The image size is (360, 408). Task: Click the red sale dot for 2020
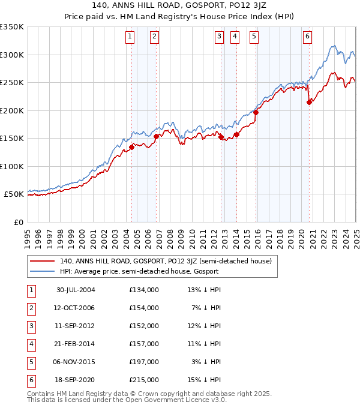click(x=310, y=102)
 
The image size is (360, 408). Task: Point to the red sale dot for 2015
click(x=256, y=112)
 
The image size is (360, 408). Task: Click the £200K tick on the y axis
click(x=12, y=110)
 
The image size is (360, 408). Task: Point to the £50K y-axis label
click(x=13, y=194)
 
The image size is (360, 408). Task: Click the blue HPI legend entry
click(x=139, y=271)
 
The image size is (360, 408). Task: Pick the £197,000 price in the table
click(x=143, y=362)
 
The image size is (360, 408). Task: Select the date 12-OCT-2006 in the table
click(x=76, y=308)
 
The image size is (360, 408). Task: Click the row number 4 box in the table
click(x=31, y=344)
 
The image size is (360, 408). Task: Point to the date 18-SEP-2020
click(x=76, y=380)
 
